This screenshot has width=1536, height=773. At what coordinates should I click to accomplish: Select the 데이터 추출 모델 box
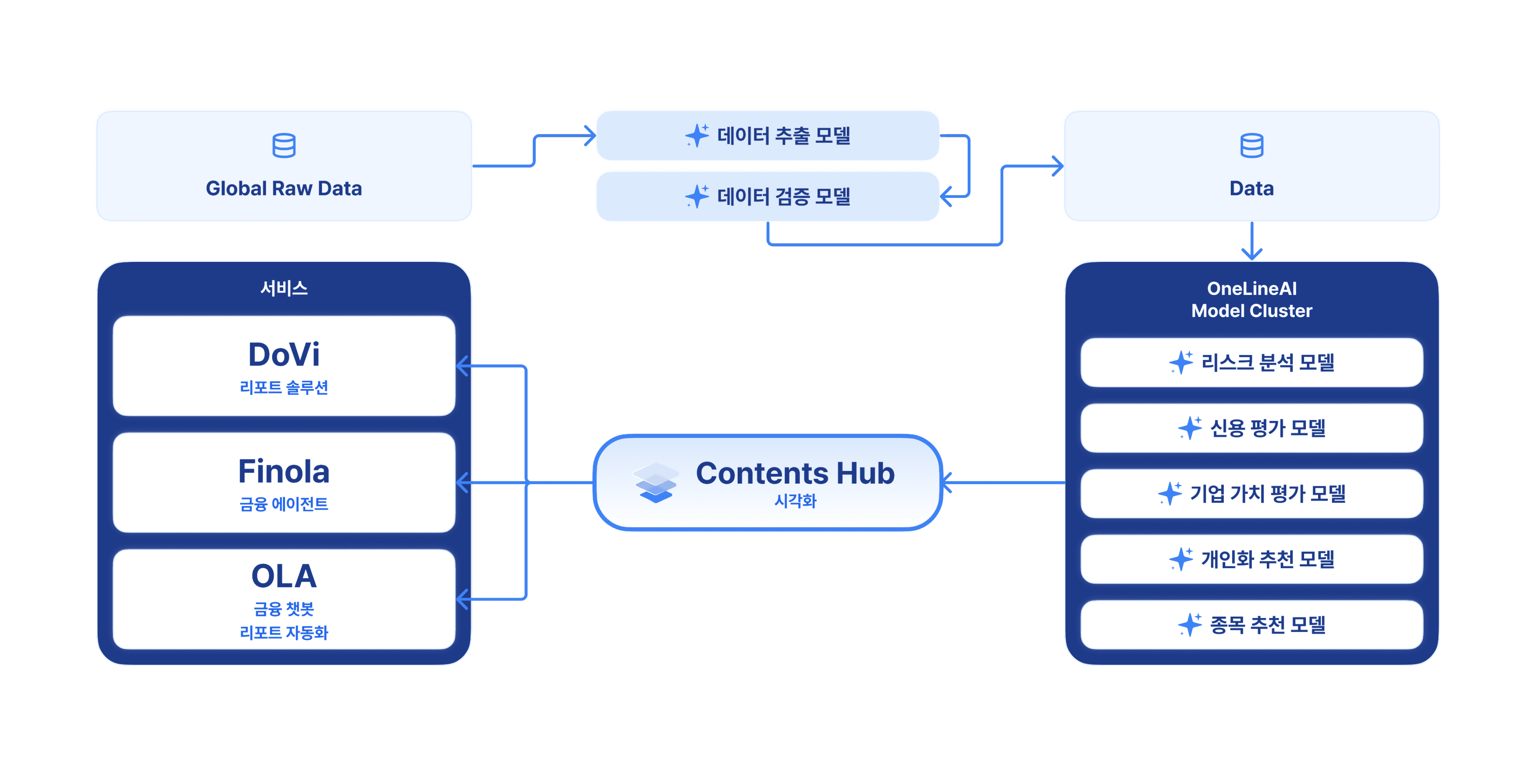tap(768, 135)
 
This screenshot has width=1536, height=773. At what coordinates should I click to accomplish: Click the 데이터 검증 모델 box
tap(768, 196)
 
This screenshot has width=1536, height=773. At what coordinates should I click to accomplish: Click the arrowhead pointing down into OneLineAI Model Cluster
tap(1251, 253)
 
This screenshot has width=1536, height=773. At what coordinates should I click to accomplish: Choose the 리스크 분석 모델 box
tap(1251, 362)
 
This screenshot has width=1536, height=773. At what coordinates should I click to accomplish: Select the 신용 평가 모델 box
tap(1251, 428)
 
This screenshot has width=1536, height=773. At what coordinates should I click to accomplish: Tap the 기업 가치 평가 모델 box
tap(1251, 493)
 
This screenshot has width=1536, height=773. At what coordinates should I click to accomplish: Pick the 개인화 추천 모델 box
tap(1251, 559)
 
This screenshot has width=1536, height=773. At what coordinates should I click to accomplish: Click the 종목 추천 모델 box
tap(1251, 625)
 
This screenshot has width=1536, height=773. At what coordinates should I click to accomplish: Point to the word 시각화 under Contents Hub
tap(795, 501)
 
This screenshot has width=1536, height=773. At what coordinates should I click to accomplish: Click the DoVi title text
tap(284, 354)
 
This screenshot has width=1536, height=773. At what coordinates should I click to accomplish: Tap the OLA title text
tap(284, 576)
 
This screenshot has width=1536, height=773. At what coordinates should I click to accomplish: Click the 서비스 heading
tap(284, 288)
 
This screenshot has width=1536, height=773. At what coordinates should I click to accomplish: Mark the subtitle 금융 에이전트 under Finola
tap(284, 505)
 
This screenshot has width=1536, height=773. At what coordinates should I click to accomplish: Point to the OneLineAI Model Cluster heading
tap(1251, 299)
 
